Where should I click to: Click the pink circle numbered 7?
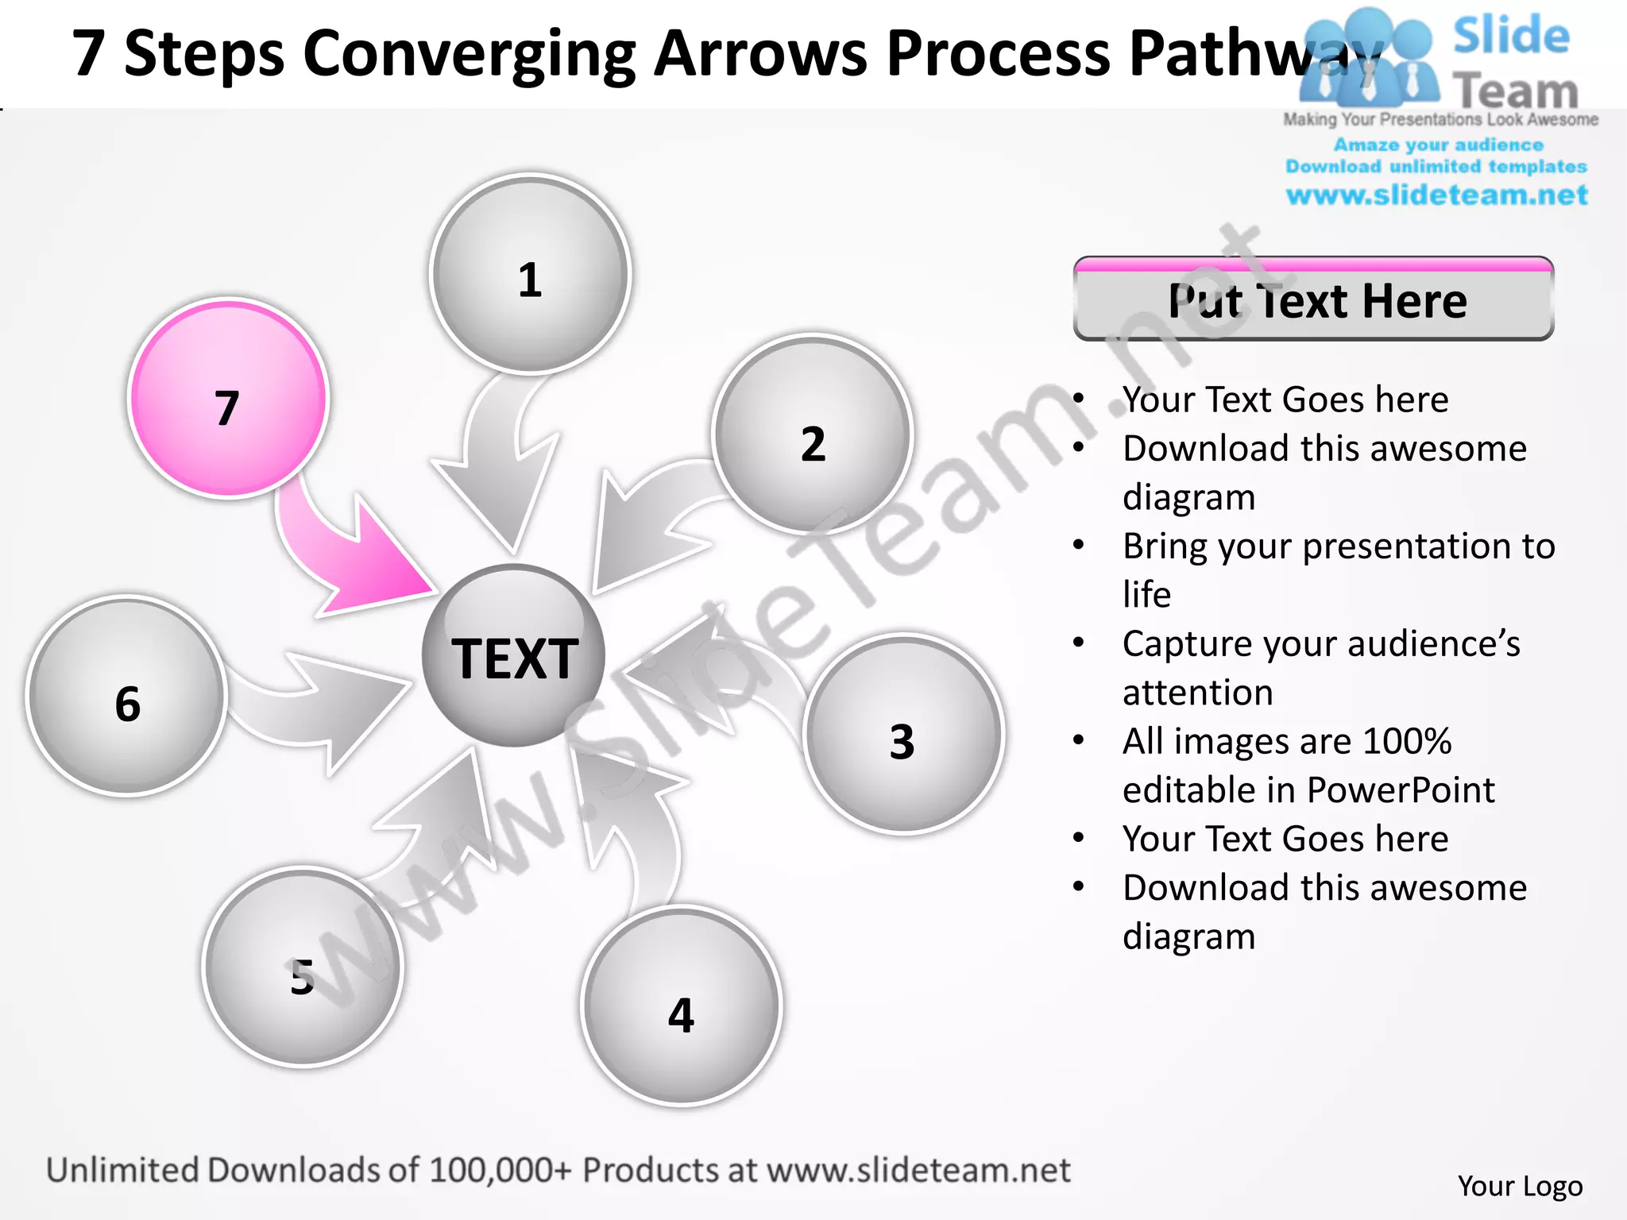[228, 399]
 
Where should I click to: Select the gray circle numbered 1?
[530, 274]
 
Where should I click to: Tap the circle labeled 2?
[813, 434]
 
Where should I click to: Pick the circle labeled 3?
[903, 734]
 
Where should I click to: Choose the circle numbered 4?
[682, 1006]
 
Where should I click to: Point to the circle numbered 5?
[303, 967]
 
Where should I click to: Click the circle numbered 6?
[127, 697]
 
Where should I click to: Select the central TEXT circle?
[514, 656]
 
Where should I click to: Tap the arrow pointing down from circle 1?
[497, 469]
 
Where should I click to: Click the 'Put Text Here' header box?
[1313, 299]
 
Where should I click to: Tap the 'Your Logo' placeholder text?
[1520, 1186]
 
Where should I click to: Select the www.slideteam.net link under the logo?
[1436, 195]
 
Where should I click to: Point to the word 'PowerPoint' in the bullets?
[1401, 790]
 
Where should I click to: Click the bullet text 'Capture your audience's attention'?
[1320, 667]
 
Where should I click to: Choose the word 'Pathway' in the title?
[1255, 54]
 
